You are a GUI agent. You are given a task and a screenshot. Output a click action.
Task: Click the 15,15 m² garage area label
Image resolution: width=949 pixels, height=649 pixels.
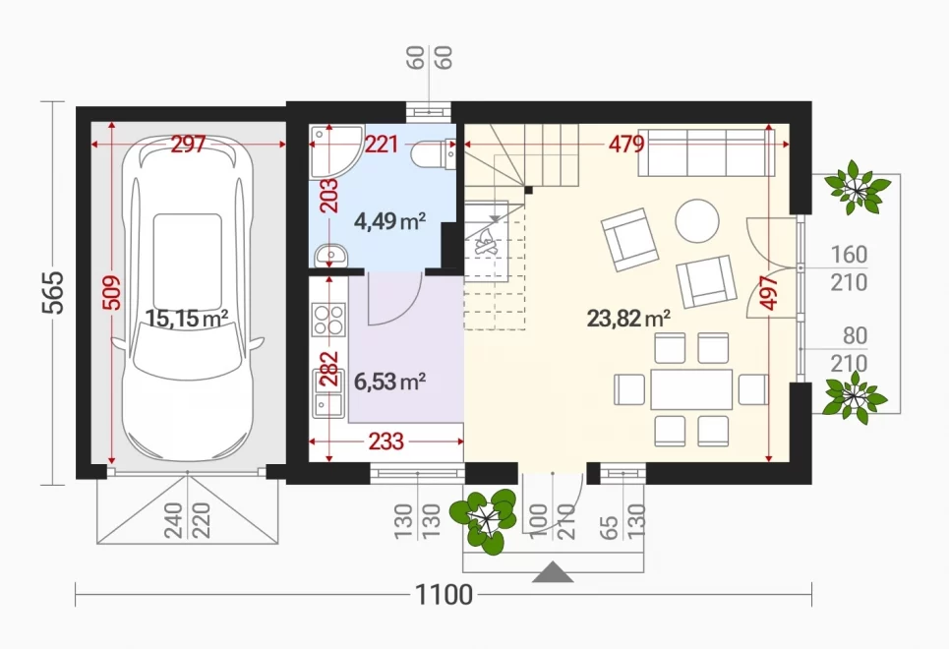(187, 318)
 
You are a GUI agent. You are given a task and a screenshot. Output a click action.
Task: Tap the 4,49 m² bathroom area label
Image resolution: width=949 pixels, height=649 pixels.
(389, 221)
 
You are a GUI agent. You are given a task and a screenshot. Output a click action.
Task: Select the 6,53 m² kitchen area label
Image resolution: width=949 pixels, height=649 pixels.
(389, 382)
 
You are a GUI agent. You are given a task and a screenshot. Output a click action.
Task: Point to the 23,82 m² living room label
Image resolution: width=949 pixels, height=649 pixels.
(628, 318)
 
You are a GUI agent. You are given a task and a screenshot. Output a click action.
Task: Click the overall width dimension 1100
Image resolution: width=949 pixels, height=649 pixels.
(444, 595)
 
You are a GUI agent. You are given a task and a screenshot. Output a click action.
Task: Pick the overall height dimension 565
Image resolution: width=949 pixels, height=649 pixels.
(53, 293)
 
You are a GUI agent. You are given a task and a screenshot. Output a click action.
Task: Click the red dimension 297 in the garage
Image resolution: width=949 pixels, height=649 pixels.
(188, 145)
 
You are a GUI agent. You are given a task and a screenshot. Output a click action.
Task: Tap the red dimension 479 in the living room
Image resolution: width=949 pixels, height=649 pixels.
(626, 145)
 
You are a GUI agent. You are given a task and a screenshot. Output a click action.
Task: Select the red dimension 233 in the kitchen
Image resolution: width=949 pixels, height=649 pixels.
(386, 442)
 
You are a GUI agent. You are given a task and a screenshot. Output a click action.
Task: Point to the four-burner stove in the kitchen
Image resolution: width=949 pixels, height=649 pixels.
(328, 320)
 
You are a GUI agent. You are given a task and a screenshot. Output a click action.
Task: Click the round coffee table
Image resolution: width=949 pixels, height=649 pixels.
(697, 221)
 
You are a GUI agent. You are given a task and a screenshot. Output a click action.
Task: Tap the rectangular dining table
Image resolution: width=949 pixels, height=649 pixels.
(691, 389)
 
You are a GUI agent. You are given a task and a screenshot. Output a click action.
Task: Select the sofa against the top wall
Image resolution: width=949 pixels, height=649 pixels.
(706, 152)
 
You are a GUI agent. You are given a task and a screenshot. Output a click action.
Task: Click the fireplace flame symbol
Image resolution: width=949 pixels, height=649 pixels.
(486, 242)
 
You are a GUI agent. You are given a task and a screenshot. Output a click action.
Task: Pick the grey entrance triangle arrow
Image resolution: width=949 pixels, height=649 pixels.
(553, 572)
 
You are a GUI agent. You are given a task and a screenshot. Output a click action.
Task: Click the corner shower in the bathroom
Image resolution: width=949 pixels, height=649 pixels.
(332, 151)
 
